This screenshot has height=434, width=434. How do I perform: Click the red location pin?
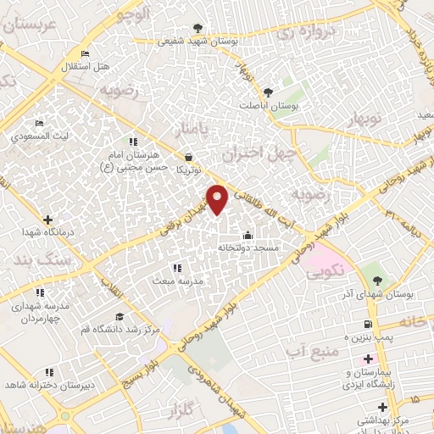[x=219, y=198]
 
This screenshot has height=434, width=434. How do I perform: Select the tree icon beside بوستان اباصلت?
[x=269, y=92]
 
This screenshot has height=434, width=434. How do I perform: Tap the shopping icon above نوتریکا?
[x=187, y=157]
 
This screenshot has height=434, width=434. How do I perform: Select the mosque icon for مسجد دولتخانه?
[x=247, y=235]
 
